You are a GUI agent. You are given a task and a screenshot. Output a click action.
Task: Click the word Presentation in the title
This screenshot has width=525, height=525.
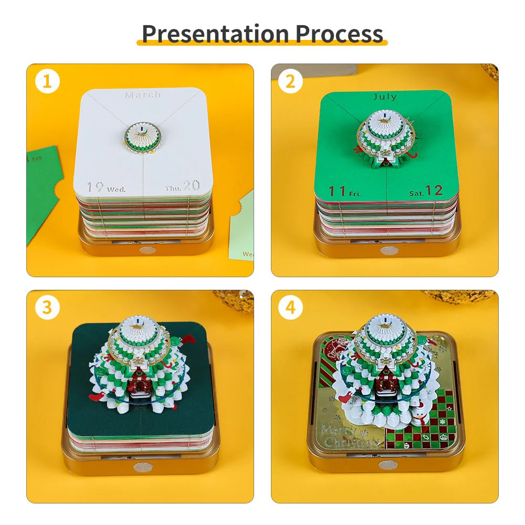(x=216, y=34)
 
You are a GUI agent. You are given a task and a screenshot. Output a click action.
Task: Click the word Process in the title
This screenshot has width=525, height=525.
(x=339, y=34)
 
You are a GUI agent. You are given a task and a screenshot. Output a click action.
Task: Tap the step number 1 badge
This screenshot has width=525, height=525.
(x=47, y=82)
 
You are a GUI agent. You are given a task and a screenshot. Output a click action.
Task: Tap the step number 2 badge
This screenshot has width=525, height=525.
(x=291, y=82)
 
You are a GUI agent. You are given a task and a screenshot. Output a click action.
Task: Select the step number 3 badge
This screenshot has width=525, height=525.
(x=47, y=308)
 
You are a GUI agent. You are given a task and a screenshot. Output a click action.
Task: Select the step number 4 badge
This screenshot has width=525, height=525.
(x=291, y=308)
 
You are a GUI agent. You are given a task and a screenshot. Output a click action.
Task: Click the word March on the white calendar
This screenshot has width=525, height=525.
(x=143, y=95)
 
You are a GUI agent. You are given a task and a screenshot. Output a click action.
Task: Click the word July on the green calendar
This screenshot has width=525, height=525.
(x=385, y=97)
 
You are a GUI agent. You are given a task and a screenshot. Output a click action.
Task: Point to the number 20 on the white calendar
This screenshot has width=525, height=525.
(x=191, y=185)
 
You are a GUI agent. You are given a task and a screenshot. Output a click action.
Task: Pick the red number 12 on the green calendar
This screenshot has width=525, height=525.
(x=435, y=190)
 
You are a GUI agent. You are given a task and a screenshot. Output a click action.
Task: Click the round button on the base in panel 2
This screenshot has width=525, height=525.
(x=387, y=250)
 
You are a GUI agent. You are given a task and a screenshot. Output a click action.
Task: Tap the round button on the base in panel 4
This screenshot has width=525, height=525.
(x=387, y=465)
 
